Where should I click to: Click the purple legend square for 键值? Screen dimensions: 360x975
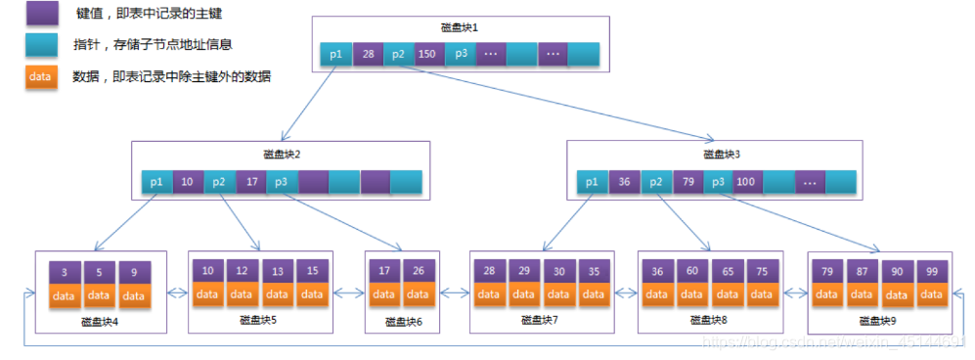pos(41,14)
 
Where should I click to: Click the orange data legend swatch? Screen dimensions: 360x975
pos(41,76)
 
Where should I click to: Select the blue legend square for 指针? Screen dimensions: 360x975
pos(41,45)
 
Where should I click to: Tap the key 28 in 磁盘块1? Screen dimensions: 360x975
pos(369,55)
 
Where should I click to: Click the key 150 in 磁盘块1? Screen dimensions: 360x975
pos(428,55)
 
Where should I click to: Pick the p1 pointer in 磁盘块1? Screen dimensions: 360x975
pos(336,55)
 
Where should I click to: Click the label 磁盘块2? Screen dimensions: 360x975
pos(282,154)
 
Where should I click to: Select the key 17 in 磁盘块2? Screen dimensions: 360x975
pos(251,181)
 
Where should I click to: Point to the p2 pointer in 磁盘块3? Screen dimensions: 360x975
pos(656,181)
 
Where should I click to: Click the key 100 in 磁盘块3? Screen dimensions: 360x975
pos(747,181)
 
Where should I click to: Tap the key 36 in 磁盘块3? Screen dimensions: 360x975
pos(624,181)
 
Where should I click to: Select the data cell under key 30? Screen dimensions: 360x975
pos(558,294)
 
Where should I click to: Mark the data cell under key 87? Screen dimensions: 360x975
pos(863,294)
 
